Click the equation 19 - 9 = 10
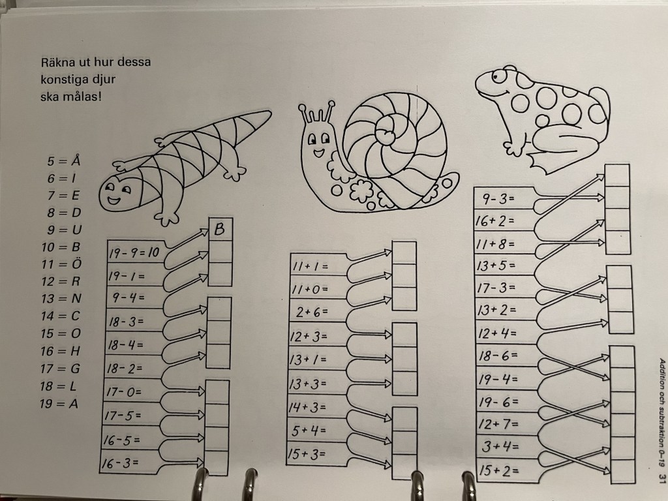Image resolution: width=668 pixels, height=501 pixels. coord(134,253)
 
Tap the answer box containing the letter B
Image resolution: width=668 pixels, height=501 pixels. coord(220,230)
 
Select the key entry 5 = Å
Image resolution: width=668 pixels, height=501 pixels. coord(63,160)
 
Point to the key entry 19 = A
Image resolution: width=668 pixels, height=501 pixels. coord(59,403)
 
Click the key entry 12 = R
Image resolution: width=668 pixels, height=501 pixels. coord(61,281)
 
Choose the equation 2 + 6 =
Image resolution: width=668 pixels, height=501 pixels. coord(312,312)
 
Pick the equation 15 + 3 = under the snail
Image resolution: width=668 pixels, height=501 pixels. coord(306,454)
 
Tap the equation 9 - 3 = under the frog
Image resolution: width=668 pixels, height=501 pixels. coord(498,198)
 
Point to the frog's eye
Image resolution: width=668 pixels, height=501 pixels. coord(496,77)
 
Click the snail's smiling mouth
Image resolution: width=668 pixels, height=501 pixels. coord(318,151)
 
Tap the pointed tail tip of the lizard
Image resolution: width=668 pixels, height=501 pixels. coord(269,113)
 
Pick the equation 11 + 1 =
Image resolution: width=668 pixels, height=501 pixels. coord(310,266)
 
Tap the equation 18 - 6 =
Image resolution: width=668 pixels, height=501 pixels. coord(498,356)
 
